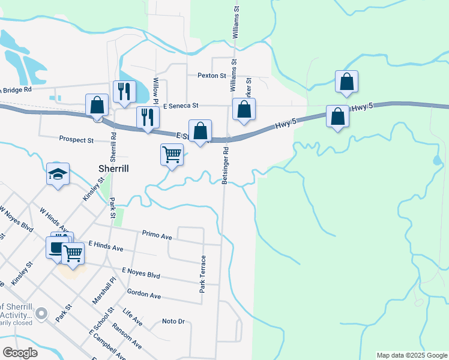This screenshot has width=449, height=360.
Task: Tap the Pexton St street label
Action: pyautogui.click(x=212, y=76)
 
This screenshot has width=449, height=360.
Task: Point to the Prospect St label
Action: pyautogui.click(x=76, y=140)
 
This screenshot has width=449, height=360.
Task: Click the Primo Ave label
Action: pyautogui.click(x=157, y=235)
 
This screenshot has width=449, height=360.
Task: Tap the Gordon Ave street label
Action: pyautogui.click(x=144, y=295)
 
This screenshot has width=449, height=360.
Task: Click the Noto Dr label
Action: pyautogui.click(x=173, y=322)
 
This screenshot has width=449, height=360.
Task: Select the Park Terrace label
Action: pyautogui.click(x=203, y=274)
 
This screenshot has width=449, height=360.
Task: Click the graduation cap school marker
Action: pyautogui.click(x=58, y=175)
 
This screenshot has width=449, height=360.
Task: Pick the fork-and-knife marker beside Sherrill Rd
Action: pyautogui.click(x=124, y=92)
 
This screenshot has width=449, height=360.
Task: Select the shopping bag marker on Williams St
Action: pyautogui.click(x=244, y=110)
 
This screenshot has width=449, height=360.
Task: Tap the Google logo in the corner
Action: pyautogui.click(x=20, y=353)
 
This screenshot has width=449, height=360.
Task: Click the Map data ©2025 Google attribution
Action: pyautogui.click(x=411, y=355)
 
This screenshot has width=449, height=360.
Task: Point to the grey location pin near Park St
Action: pyautogui.click(x=41, y=313)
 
